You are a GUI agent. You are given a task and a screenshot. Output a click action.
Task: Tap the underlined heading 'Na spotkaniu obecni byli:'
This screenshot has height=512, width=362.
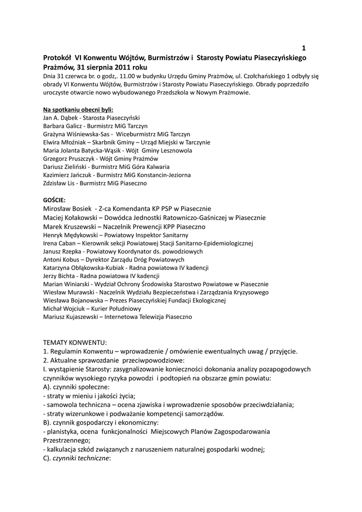78,109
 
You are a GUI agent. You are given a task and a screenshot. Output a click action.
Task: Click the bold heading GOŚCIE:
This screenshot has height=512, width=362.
54,199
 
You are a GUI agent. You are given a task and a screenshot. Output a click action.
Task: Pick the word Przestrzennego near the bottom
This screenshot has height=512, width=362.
66,440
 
